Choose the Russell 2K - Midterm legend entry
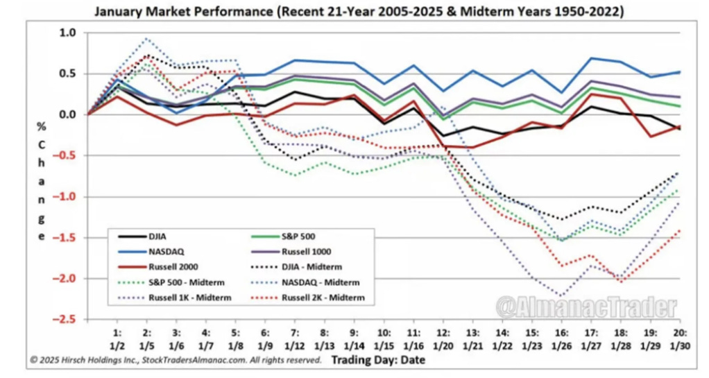click(x=317, y=298)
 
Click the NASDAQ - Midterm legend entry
click(x=317, y=282)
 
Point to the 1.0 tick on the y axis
click(x=68, y=33)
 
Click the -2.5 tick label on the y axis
click(x=65, y=320)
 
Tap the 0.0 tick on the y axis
click(x=68, y=114)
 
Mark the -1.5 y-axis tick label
click(x=65, y=238)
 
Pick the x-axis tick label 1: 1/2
click(x=117, y=338)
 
